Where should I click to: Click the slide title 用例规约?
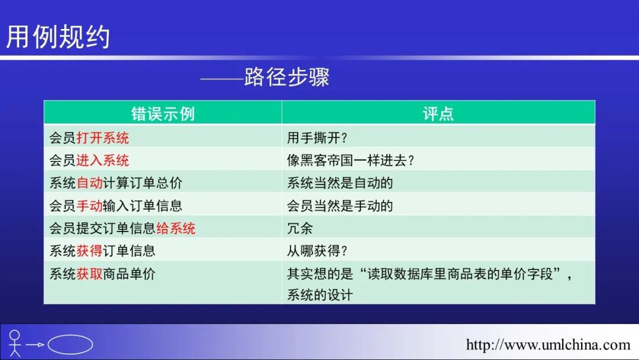coord(58,37)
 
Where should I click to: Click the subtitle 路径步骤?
coord(286,78)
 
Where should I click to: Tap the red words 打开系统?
coord(102,138)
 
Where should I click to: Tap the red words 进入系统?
coord(102,160)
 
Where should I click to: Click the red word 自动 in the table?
coord(89,183)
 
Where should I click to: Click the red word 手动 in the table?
coord(89,205)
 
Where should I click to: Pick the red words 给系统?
coord(176,228)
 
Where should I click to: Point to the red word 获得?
coord(89,250)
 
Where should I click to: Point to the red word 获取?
coord(89,274)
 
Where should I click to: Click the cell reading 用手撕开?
coord(318,138)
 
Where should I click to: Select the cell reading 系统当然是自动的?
coord(340,183)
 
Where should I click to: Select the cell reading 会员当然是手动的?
coord(340,205)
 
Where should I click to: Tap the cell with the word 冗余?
coord(300,228)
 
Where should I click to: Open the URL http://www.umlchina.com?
coord(548,345)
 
